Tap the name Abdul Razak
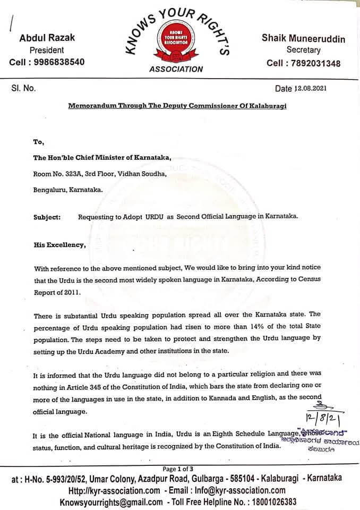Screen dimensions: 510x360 [47, 38]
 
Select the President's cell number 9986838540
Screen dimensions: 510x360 [47, 62]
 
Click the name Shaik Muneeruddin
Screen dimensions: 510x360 [303, 39]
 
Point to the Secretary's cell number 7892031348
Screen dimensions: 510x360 [303, 63]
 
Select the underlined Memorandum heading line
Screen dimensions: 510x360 [177, 106]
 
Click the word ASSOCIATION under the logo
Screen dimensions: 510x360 [176, 69]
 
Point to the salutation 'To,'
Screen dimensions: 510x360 [38, 142]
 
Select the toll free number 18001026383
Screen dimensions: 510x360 [271, 501]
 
